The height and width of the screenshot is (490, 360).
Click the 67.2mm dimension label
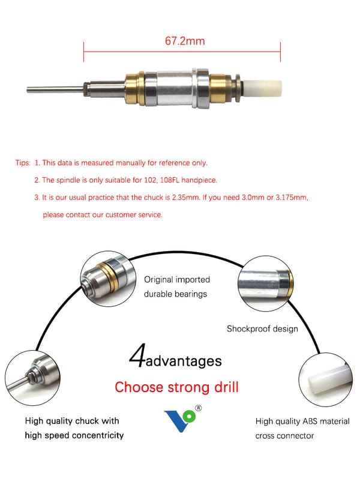pyautogui.click(x=185, y=41)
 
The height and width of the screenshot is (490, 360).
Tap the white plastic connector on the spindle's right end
pyautogui.click(x=262, y=89)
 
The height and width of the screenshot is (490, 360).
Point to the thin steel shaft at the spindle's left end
pyautogui.click(x=55, y=89)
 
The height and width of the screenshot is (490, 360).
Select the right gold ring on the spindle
pyautogui.click(x=217, y=88)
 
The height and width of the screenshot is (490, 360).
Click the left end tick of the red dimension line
pyautogui.click(x=83, y=52)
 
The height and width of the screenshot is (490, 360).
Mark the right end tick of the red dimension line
pyautogui.click(x=280, y=52)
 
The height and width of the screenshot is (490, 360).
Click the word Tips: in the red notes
pyautogui.click(x=23, y=163)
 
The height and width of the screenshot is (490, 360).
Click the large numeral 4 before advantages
pyautogui.click(x=137, y=355)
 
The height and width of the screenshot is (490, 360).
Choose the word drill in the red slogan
pyautogui.click(x=226, y=387)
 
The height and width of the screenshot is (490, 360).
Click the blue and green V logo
pyautogui.click(x=180, y=421)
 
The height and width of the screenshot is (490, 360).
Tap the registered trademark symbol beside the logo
pyautogui.click(x=198, y=408)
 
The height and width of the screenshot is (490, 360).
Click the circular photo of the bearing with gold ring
pyautogui.click(x=108, y=279)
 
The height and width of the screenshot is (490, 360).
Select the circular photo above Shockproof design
pyautogui.click(x=265, y=283)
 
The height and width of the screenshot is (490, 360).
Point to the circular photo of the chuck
pyautogui.click(x=32, y=378)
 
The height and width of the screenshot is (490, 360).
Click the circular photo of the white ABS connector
pyautogui.click(x=326, y=380)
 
